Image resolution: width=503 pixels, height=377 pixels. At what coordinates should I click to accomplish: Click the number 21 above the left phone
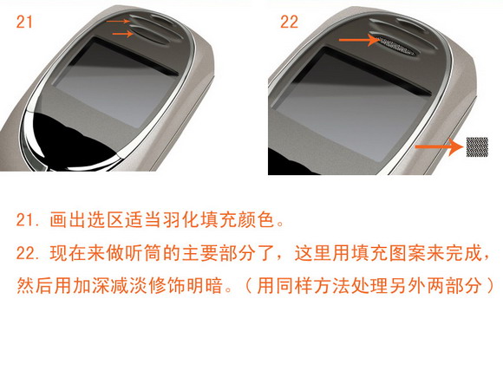pyautogui.click(x=24, y=23)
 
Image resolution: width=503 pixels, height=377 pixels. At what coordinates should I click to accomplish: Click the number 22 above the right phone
pyautogui.click(x=289, y=23)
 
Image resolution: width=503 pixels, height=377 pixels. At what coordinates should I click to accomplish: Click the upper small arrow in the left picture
pyautogui.click(x=118, y=21)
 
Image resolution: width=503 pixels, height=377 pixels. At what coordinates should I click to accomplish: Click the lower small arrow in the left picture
pyautogui.click(x=123, y=33)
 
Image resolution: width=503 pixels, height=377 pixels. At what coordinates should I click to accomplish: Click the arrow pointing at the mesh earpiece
pyautogui.click(x=360, y=40)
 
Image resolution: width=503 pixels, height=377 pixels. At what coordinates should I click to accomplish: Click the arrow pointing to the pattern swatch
pyautogui.click(x=440, y=146)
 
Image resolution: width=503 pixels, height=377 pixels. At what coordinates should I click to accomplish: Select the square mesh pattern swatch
pyautogui.click(x=477, y=146)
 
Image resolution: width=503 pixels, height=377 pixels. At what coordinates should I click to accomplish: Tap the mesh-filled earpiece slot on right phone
pyautogui.click(x=396, y=45)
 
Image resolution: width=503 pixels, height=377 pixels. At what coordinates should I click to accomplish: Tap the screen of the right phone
pyautogui.click(x=353, y=106)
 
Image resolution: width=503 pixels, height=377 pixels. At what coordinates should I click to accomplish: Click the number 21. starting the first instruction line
pyautogui.click(x=29, y=220)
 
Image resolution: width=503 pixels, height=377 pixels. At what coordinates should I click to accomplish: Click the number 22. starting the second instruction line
pyautogui.click(x=29, y=253)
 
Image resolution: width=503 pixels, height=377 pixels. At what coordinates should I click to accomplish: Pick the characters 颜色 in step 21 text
pyautogui.click(x=258, y=220)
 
